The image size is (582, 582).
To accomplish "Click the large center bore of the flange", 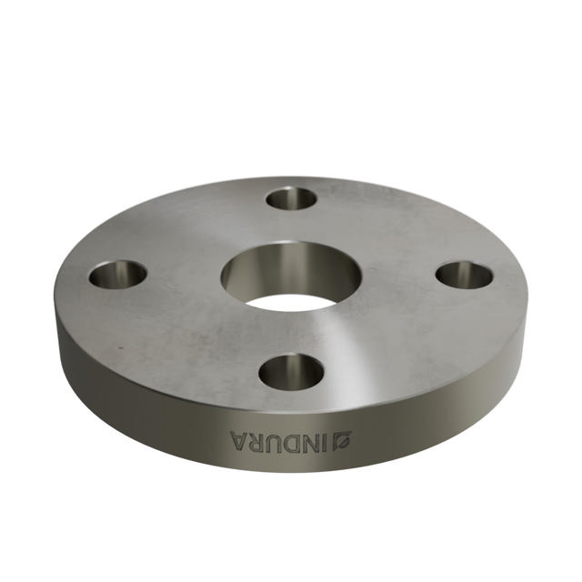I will (x=292, y=276).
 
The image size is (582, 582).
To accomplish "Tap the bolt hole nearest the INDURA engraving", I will (x=291, y=372).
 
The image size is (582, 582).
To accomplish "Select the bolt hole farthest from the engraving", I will (x=291, y=197).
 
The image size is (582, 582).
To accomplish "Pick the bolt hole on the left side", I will (x=118, y=273).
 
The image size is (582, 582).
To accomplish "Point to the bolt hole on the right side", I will (x=464, y=274).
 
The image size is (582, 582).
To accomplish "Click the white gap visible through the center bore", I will (x=291, y=301).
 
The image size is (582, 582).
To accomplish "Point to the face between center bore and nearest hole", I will (x=291, y=332).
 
